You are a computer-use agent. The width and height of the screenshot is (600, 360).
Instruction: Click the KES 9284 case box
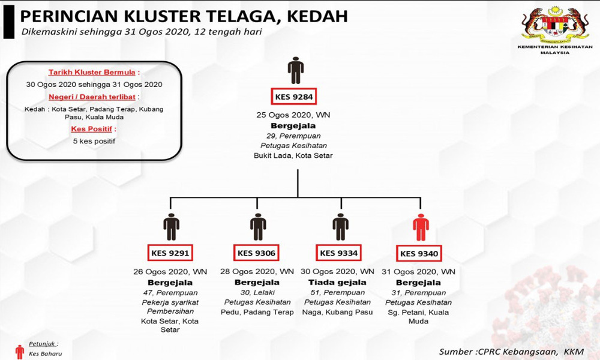[x=293, y=97]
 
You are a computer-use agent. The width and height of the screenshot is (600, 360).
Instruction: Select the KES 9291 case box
[x=170, y=253]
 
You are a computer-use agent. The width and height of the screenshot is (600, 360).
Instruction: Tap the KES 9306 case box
[x=256, y=253]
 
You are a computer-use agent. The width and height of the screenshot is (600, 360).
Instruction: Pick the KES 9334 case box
[x=338, y=253]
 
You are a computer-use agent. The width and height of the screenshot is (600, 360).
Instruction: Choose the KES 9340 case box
[x=419, y=253]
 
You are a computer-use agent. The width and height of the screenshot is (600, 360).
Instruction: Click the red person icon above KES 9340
[x=421, y=227]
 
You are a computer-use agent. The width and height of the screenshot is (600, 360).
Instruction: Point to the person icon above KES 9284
[x=296, y=70]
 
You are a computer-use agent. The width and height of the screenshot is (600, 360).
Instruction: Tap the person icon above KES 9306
[x=258, y=227]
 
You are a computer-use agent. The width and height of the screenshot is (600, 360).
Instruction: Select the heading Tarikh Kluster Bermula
[x=92, y=73]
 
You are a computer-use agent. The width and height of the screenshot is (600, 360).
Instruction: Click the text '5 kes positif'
[x=94, y=141]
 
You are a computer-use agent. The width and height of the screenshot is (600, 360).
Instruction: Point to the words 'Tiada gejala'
[x=337, y=283]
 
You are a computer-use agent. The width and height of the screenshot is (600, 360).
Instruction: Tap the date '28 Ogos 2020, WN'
[x=257, y=272]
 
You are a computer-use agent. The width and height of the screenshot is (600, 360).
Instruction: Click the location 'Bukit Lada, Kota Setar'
[x=293, y=156]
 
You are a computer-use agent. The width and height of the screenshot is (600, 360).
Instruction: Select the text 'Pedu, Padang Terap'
[x=257, y=312]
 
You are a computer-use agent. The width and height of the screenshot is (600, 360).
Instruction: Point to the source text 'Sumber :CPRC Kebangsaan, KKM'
[x=512, y=352]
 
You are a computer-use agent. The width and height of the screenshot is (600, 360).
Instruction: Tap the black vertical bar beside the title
[x=9, y=22]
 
